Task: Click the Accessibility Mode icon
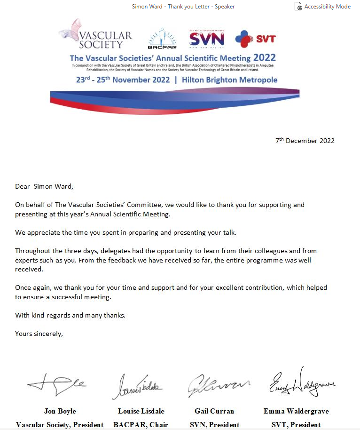tap(297, 7)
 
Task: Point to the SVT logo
tap(255, 39)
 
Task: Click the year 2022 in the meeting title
tap(265, 58)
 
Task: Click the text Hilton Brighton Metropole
tap(229, 80)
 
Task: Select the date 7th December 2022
tap(305, 141)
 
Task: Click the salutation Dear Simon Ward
tap(44, 186)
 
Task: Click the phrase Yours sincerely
tap(39, 334)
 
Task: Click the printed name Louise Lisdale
tap(141, 411)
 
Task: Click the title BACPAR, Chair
tap(141, 424)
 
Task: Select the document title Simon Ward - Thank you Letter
tap(183, 7)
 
